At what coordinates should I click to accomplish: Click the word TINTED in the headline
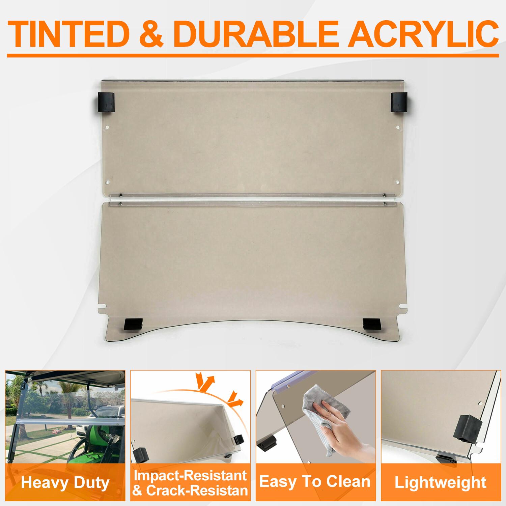[69, 34]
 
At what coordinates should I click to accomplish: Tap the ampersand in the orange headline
[151, 34]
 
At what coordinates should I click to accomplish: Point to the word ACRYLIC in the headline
[423, 34]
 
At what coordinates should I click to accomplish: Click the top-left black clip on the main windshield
[106, 102]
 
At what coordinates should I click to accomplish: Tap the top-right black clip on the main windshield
[399, 102]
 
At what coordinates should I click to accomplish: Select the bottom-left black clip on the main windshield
[133, 324]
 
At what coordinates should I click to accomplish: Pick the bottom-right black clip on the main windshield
[372, 324]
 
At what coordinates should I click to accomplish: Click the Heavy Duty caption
[65, 483]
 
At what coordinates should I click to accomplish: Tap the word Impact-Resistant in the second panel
[190, 475]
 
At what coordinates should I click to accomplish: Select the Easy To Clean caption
[315, 481]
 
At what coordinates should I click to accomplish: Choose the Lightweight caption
[441, 483]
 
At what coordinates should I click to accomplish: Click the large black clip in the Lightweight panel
[468, 428]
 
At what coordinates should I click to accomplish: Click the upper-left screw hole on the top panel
[107, 128]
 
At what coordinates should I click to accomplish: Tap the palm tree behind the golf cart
[69, 401]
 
